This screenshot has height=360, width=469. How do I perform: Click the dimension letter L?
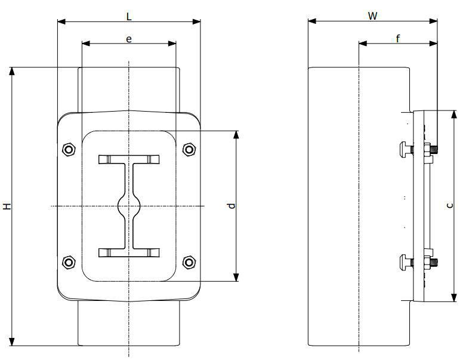[129, 16]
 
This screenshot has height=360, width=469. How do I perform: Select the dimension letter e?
[129, 39]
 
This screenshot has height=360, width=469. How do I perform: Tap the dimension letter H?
[7, 206]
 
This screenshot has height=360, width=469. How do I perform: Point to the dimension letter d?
[231, 205]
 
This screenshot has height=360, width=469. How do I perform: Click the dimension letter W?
[373, 16]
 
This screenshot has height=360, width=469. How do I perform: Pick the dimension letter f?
[398, 39]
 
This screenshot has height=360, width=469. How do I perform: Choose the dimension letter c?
[449, 205]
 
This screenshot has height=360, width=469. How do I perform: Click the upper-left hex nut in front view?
[69, 149]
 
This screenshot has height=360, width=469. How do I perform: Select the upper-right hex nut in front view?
[189, 149]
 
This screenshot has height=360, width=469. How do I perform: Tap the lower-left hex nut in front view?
[69, 263]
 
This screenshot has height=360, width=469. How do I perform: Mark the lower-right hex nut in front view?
[189, 263]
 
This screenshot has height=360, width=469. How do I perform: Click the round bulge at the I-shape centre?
[129, 206]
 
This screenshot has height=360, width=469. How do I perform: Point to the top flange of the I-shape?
[129, 159]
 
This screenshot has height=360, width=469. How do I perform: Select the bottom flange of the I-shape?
[129, 253]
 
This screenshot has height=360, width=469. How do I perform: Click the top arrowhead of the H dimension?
[12, 71]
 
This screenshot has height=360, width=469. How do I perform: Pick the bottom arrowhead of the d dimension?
[236, 278]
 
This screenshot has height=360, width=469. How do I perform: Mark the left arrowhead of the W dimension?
[312, 21]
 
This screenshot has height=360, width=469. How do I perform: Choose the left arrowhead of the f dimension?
[363, 44]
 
